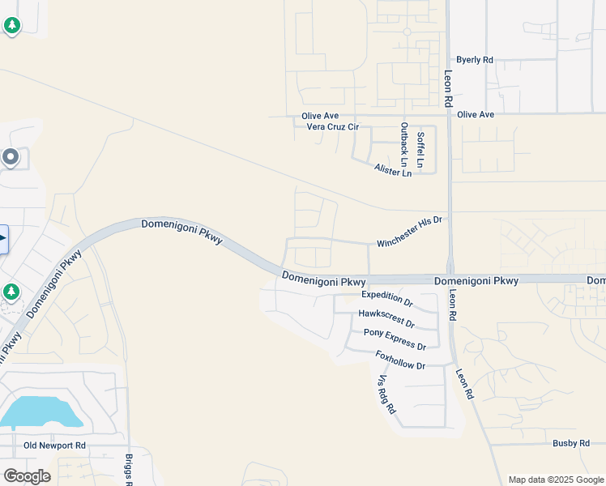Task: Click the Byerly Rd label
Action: [x=475, y=60]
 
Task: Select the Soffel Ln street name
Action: [x=420, y=147]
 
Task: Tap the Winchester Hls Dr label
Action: [x=411, y=232]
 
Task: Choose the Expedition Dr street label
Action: [x=387, y=299]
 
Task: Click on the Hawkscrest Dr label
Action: [x=386, y=318]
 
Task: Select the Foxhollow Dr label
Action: [x=400, y=360]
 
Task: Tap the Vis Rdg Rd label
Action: [x=386, y=394]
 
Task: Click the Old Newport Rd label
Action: [x=54, y=446]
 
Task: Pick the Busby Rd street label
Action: [x=571, y=443]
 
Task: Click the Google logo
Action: [x=27, y=476]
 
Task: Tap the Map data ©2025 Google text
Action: [x=556, y=480]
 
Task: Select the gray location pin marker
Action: [x=11, y=157]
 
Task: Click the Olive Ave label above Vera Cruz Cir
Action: [x=320, y=116]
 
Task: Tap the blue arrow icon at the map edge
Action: [x=2, y=239]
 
